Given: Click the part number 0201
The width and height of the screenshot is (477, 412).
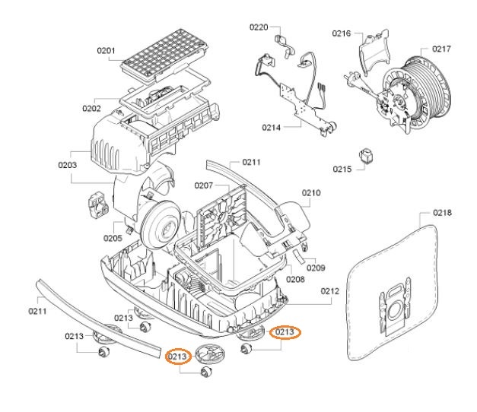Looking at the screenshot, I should point(106,51).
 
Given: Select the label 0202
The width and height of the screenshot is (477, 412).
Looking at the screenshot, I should point(93,108).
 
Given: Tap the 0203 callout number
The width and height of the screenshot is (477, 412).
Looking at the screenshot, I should point(68,164).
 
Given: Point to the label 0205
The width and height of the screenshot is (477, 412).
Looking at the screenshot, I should point(113,238).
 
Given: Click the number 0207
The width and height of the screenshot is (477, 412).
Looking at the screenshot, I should point(202,185).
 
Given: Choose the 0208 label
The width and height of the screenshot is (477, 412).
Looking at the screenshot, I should point(295,280).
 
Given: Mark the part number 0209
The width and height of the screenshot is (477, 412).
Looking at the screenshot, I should point(316,268).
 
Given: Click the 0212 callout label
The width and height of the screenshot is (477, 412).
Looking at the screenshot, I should point(329,290).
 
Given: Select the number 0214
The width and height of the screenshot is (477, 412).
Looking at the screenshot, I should point(272,127).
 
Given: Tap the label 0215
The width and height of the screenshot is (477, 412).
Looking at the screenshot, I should point(342,169).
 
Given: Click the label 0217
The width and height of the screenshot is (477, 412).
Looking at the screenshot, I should point(441,49).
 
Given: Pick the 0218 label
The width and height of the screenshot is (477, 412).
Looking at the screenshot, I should point(443,212).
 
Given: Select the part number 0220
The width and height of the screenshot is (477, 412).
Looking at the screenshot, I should point(259,27).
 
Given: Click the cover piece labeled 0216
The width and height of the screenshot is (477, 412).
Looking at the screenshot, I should point(370,57).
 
